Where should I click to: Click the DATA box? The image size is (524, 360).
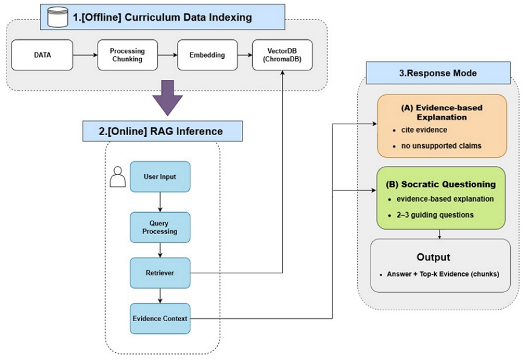42,55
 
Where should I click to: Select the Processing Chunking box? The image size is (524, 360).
127,55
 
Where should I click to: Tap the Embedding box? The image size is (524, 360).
207,55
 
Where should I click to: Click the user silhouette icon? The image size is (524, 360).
119,177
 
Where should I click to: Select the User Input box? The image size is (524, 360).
160,177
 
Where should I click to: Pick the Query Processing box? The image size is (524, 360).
160,227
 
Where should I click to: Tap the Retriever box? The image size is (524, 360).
160,273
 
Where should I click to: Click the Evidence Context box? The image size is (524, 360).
160,318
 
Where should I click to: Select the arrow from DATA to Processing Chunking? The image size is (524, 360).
84,55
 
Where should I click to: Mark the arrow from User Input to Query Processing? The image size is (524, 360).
160,202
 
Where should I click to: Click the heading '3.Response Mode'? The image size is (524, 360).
438,73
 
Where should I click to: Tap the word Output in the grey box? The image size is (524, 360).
433,256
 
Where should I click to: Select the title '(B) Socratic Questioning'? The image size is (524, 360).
440,184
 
